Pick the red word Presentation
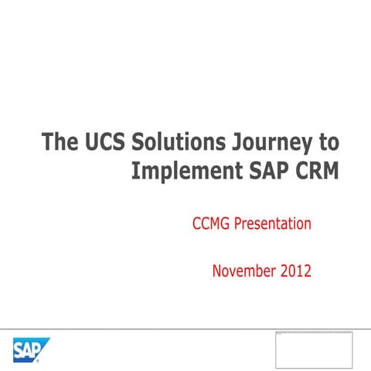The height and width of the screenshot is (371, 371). click(276, 225)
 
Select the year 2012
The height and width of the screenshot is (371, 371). click(295, 271)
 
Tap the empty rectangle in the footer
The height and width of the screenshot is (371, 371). click(314, 349)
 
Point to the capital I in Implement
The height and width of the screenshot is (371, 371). click(136, 170)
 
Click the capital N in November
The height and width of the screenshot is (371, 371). click(217, 271)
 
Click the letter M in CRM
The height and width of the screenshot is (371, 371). click(330, 170)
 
